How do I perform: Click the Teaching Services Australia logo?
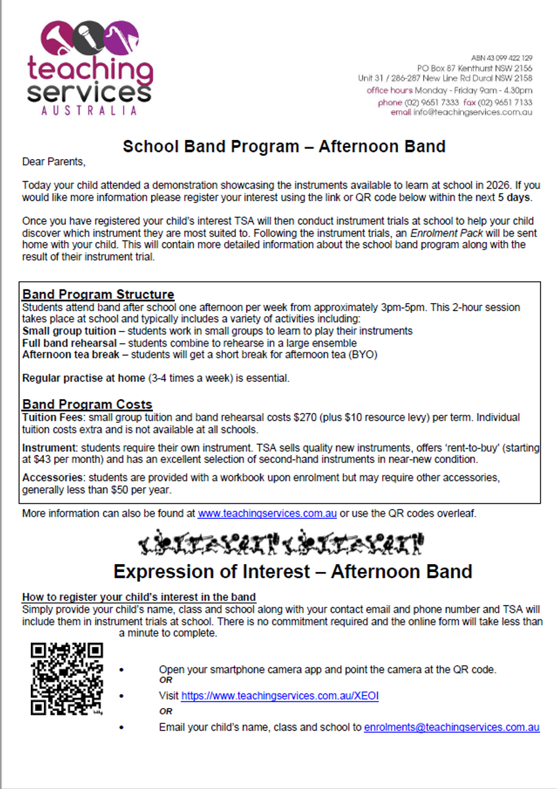point(90,68)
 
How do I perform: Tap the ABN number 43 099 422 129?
point(502,59)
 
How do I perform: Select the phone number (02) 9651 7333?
point(432,103)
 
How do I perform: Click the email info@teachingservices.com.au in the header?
point(472,112)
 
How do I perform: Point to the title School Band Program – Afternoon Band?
point(284,146)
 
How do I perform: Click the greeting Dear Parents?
point(54,161)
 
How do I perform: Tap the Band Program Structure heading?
point(98,294)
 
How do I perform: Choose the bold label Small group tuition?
point(69,331)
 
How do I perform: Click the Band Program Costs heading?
point(87,404)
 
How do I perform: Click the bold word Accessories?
point(51,478)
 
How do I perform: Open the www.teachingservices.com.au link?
point(267,514)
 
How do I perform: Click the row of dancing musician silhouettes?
point(281,542)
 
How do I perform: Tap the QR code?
point(67,679)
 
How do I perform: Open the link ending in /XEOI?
point(280,696)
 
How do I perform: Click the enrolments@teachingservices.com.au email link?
point(452,727)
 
